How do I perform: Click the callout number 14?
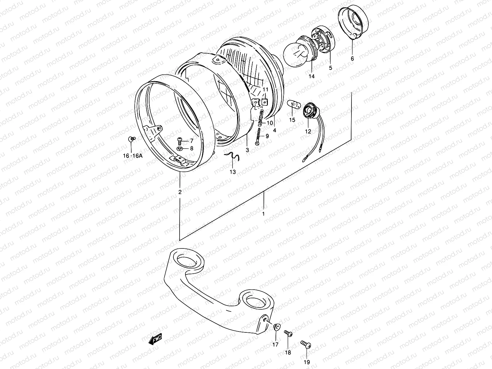click(x=312, y=76)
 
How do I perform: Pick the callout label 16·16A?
click(x=133, y=156)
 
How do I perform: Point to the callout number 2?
click(x=180, y=192)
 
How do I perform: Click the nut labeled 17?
click(x=276, y=328)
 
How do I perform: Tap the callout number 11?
click(x=265, y=89)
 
